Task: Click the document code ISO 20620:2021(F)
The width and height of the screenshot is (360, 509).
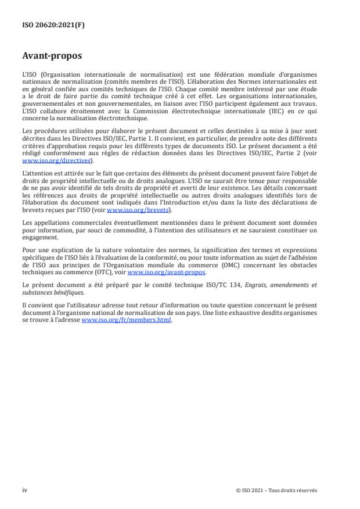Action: [x=53, y=25]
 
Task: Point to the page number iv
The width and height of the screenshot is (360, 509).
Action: [x=25, y=490]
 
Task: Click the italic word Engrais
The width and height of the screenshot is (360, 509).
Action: [x=263, y=285]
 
